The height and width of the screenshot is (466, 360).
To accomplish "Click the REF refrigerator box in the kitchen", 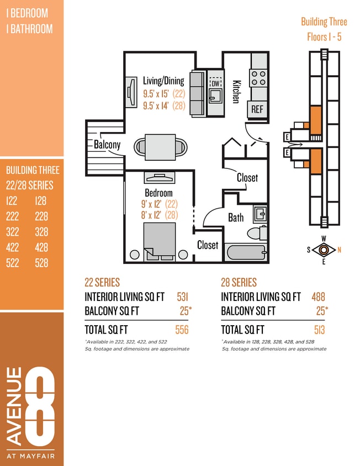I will (x=257, y=109).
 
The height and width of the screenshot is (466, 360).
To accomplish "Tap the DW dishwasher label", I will (x=215, y=83).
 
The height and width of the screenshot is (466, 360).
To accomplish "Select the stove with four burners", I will (x=258, y=77).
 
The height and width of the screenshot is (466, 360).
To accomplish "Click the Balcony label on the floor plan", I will (x=107, y=145).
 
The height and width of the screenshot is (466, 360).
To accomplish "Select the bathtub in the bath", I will (x=246, y=253).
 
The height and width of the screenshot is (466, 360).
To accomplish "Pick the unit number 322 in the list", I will (x=13, y=232).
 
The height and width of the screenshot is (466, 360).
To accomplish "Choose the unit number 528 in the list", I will (x=41, y=263).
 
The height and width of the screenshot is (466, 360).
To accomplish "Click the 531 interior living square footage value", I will (x=182, y=297).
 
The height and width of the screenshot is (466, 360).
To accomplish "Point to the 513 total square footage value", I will (x=320, y=330).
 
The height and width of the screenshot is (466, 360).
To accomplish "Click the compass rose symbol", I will (x=324, y=250).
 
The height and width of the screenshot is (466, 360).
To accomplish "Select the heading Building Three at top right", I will (x=324, y=22).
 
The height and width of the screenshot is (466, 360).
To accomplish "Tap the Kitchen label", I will (x=236, y=92).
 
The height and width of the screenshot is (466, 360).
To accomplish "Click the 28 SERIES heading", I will (x=239, y=282).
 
